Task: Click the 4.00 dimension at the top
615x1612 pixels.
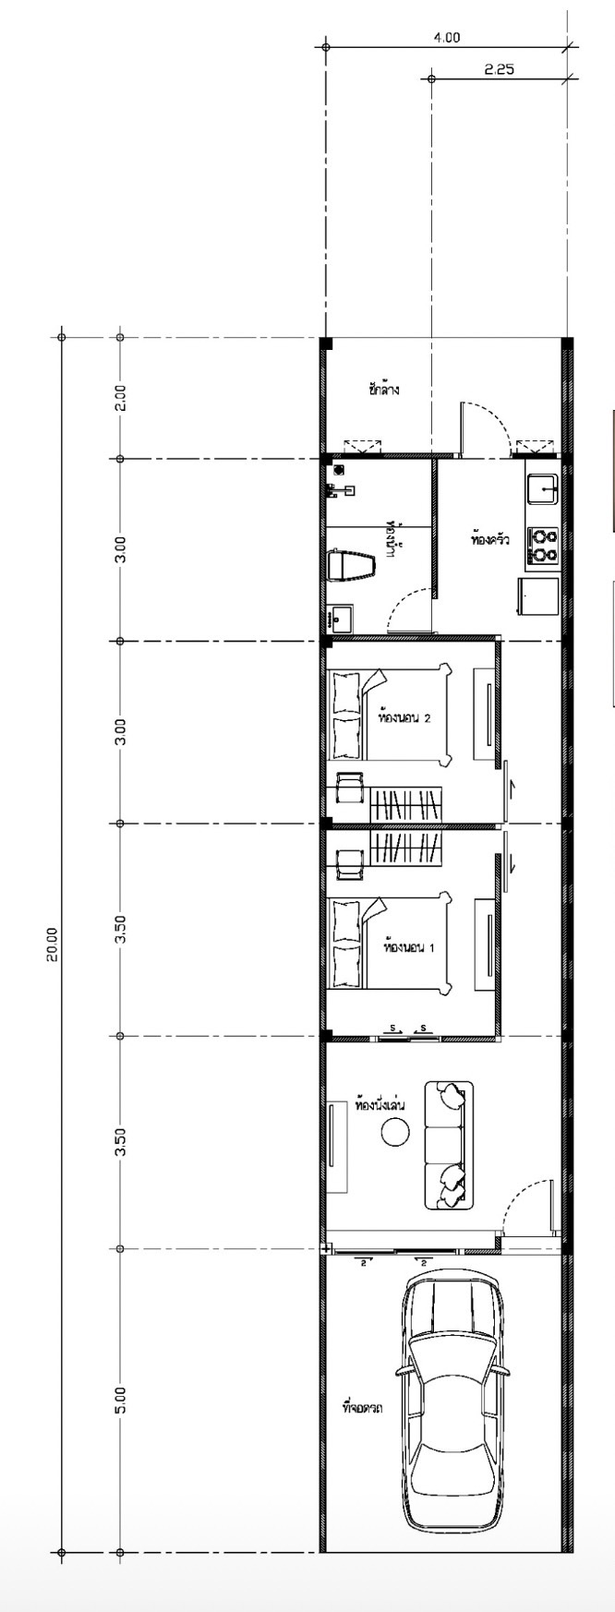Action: pos(446,38)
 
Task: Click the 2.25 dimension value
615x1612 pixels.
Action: pos(499,69)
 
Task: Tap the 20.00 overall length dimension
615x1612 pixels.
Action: pos(53,944)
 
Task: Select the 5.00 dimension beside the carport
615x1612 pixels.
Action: pos(120,1400)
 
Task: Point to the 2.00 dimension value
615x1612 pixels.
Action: pos(120,398)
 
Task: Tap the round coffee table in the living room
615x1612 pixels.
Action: pos(395,1131)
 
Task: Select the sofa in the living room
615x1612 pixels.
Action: pos(449,1145)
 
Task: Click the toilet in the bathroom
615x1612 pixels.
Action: pos(351,565)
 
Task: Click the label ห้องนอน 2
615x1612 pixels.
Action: pos(405,716)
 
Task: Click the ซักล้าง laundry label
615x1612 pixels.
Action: pos(383,390)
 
